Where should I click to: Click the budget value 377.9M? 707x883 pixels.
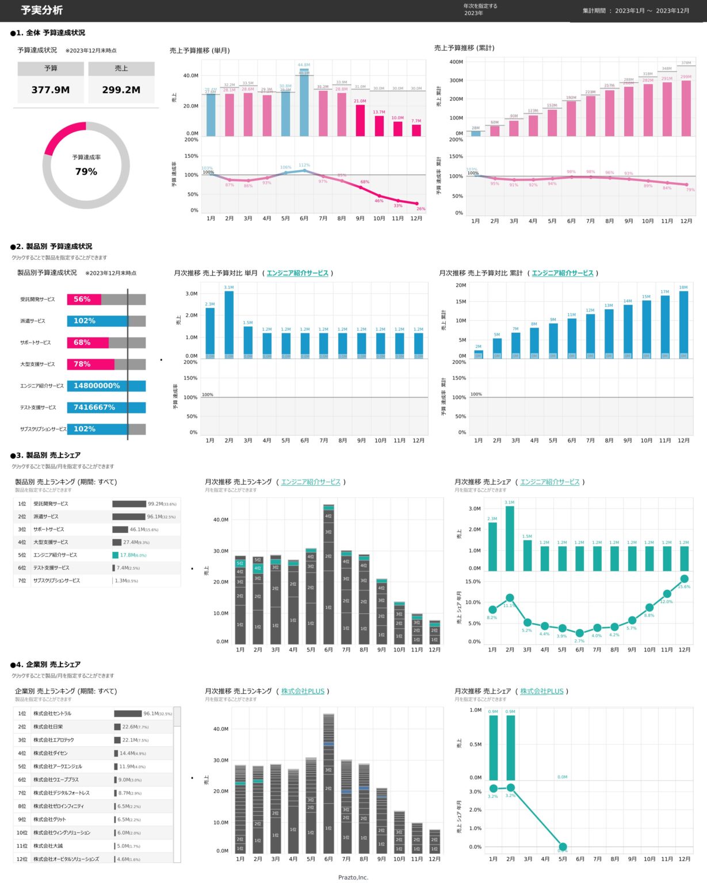click(x=51, y=90)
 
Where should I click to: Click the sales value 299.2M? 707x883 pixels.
click(x=121, y=90)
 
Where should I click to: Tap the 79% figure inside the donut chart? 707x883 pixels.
click(x=86, y=171)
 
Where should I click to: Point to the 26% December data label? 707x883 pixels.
click(x=421, y=209)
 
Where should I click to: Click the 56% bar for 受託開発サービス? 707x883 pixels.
click(x=83, y=300)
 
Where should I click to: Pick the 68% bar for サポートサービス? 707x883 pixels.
click(x=87, y=343)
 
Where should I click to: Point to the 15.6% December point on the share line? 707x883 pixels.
click(x=684, y=579)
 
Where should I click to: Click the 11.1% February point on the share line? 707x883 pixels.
click(x=510, y=598)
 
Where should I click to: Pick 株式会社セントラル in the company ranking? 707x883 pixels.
click(x=52, y=713)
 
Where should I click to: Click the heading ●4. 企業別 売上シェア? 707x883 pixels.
click(x=45, y=665)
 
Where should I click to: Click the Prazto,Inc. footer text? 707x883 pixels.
click(x=353, y=877)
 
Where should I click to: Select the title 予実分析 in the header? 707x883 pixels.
click(x=42, y=10)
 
